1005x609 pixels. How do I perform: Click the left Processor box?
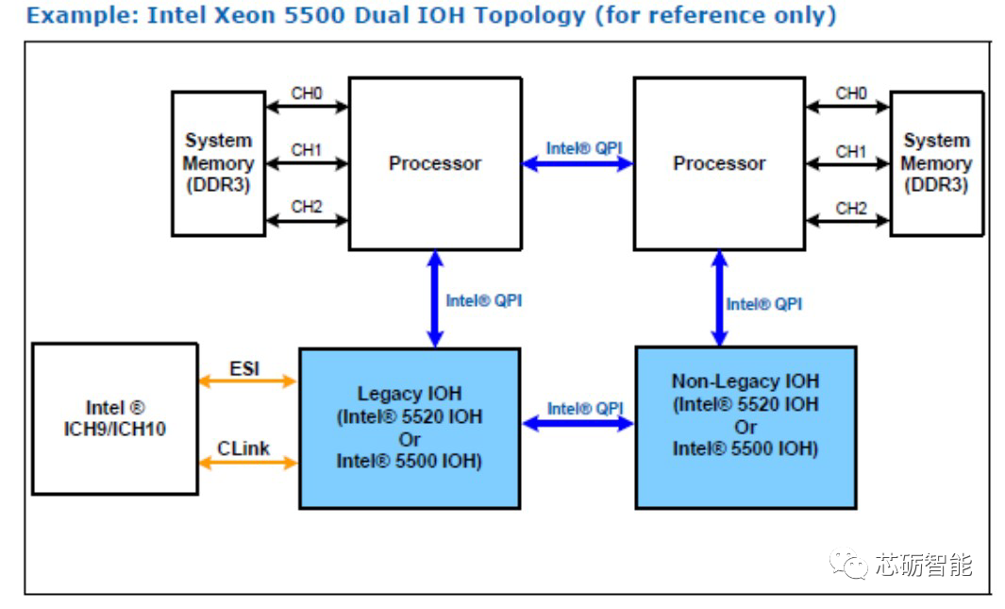(435, 163)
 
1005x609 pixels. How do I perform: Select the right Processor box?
(718, 163)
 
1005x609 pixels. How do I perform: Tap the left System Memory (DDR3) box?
(218, 163)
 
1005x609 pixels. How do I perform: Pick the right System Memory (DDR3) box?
(936, 163)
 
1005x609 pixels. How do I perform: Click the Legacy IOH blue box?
(410, 428)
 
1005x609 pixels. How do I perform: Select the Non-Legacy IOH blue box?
(745, 427)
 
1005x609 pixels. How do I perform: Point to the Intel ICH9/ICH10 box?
(115, 418)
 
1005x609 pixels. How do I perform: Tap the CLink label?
(243, 448)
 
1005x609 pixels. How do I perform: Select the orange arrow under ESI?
(247, 381)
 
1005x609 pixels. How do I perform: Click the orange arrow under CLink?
(247, 463)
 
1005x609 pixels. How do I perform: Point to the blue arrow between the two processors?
(577, 164)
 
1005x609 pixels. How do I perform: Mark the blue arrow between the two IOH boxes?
(577, 424)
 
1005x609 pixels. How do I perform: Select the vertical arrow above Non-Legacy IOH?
(719, 298)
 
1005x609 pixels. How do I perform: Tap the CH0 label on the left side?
(307, 93)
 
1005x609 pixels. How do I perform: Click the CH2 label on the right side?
(850, 208)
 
